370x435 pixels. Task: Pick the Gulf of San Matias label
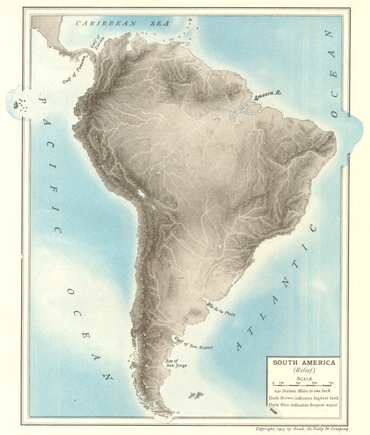186,341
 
